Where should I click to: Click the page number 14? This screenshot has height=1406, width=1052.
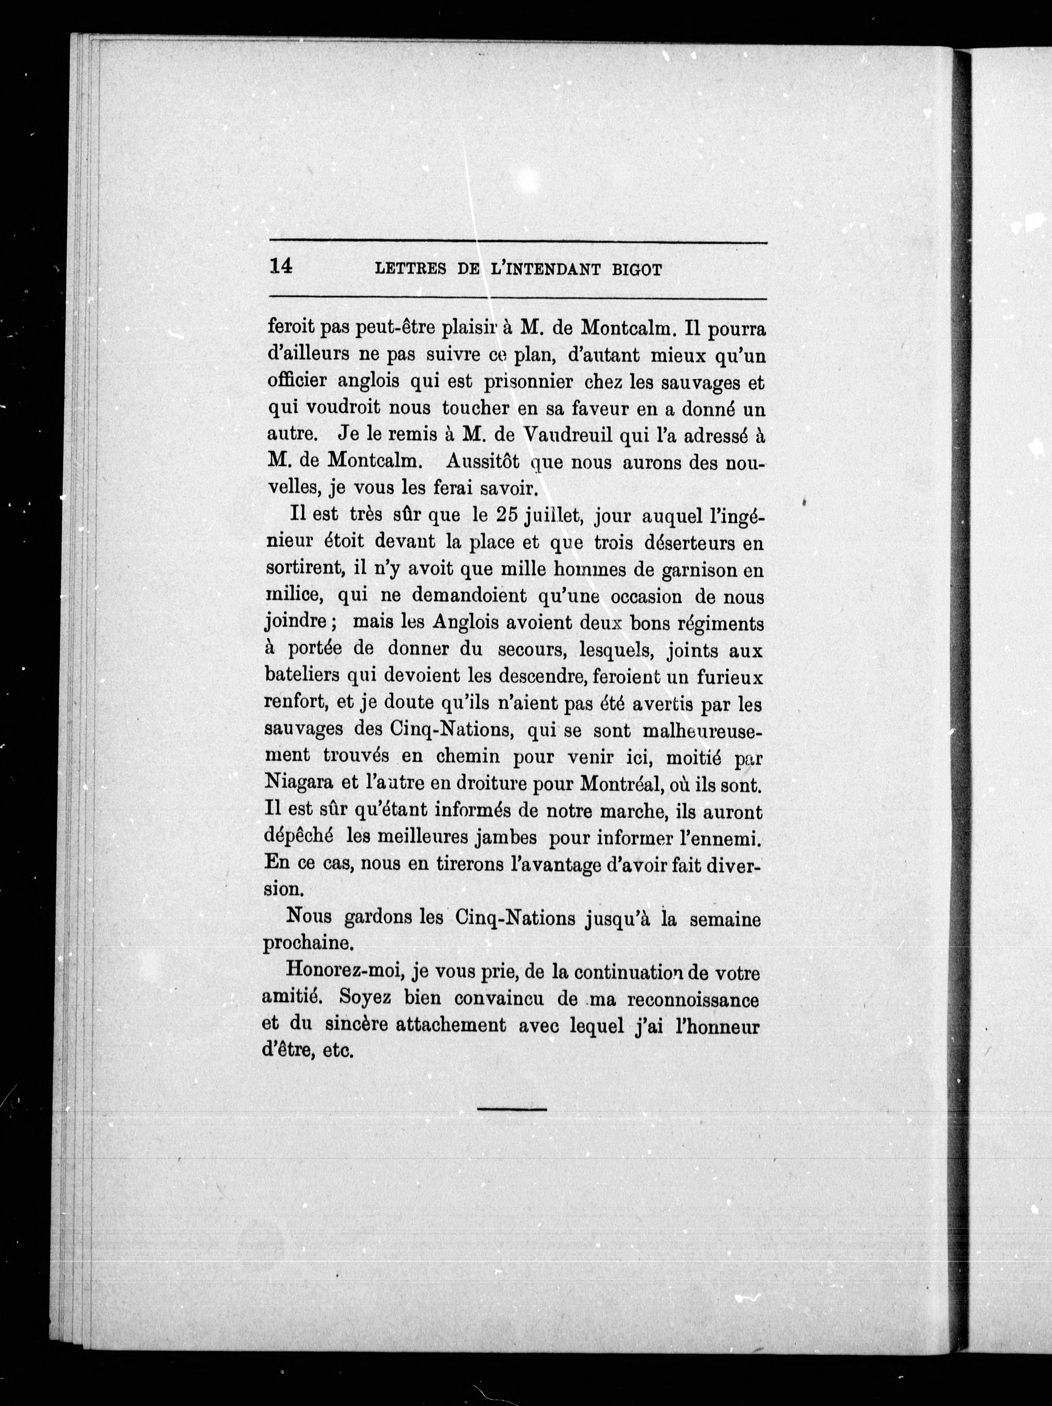pos(280,267)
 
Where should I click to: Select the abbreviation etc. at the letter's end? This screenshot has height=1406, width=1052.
pos(338,1052)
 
